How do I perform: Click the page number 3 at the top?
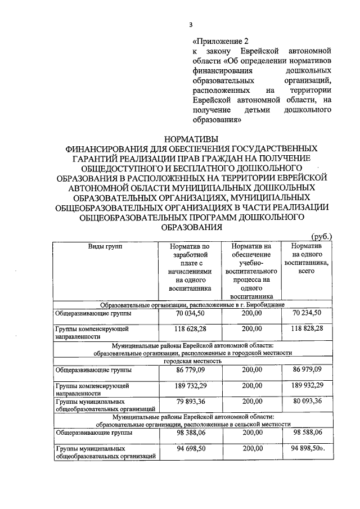click(191, 25)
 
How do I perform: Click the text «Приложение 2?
click(220, 41)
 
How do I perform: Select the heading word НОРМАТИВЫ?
click(191, 139)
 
